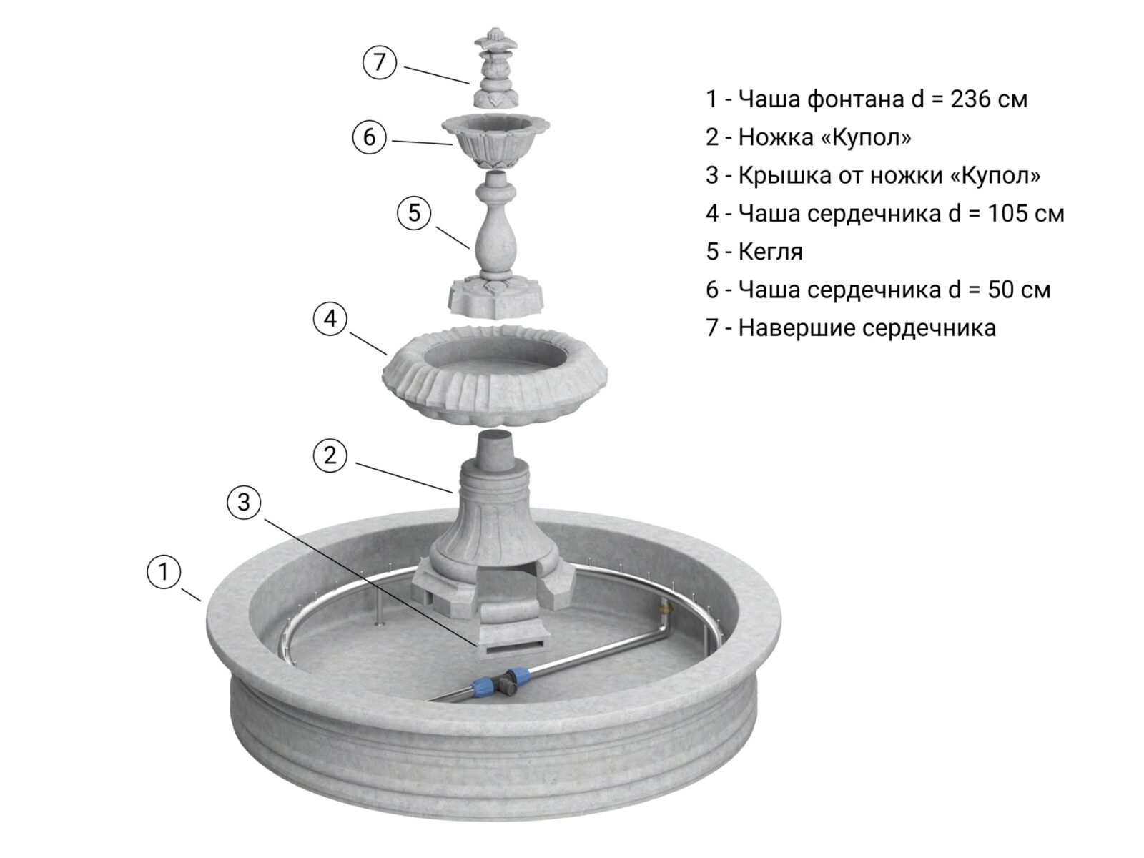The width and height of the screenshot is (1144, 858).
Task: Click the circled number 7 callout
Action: [x=380, y=62]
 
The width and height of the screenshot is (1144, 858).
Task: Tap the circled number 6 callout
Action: [x=369, y=137]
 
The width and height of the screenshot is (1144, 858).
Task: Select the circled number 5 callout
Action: [x=414, y=212]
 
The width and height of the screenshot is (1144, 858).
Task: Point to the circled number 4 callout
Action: [x=330, y=318]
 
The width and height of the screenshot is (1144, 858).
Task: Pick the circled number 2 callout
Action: [x=330, y=456]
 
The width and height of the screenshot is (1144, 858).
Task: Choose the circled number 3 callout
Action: [x=244, y=502]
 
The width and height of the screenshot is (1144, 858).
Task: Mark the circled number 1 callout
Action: [x=164, y=571]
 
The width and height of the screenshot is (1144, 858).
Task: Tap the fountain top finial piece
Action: [x=495, y=66]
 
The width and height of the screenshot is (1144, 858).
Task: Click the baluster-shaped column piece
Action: [x=495, y=244]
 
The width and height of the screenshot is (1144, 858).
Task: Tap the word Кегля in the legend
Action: [x=770, y=252]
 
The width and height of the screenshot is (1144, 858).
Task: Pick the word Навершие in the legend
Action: [x=797, y=328]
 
